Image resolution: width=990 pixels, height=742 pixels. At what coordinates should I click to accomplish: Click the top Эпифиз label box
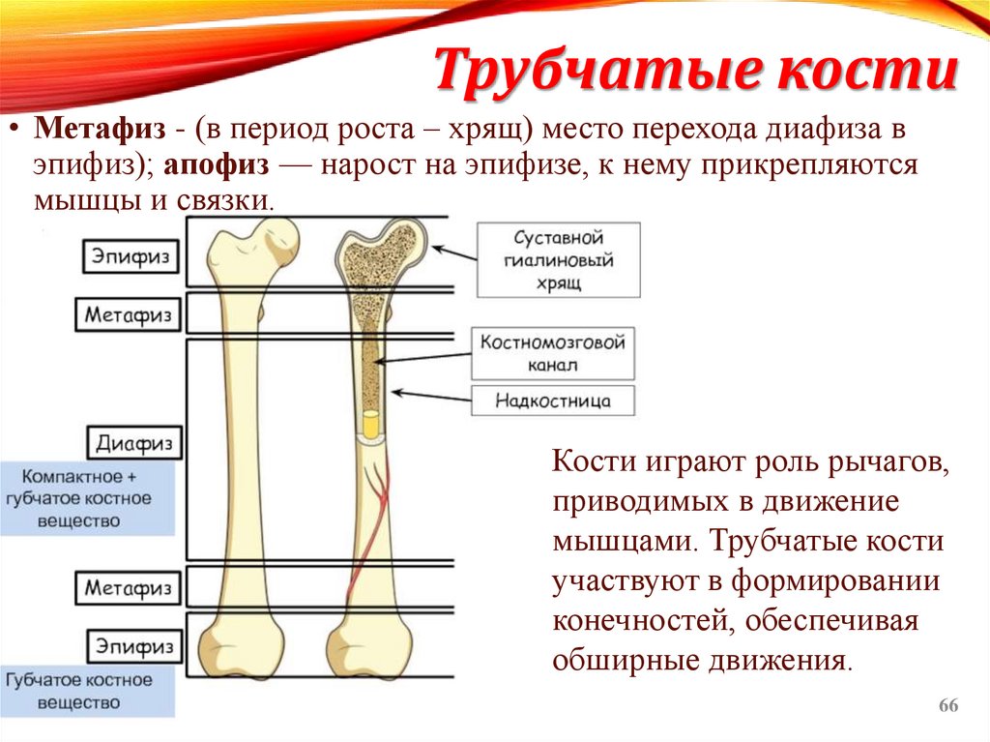(x=131, y=256)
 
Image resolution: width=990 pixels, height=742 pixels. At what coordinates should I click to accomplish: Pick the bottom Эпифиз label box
(x=131, y=645)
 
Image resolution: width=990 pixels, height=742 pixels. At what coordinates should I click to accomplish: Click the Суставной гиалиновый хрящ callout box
(x=558, y=260)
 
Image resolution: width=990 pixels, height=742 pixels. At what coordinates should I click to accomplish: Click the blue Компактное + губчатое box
(x=87, y=498)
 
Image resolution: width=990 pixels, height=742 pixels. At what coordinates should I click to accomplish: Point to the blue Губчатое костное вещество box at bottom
(x=87, y=691)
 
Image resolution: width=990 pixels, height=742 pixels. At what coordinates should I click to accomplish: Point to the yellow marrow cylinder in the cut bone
(x=370, y=425)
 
